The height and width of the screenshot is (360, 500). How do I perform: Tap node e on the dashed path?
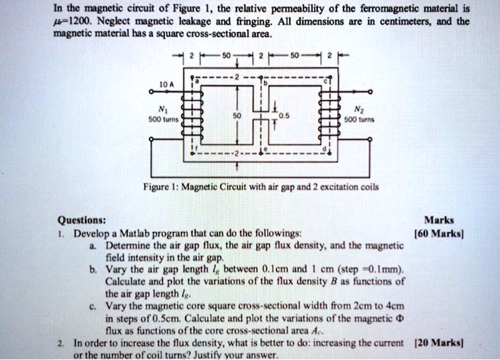266,149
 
